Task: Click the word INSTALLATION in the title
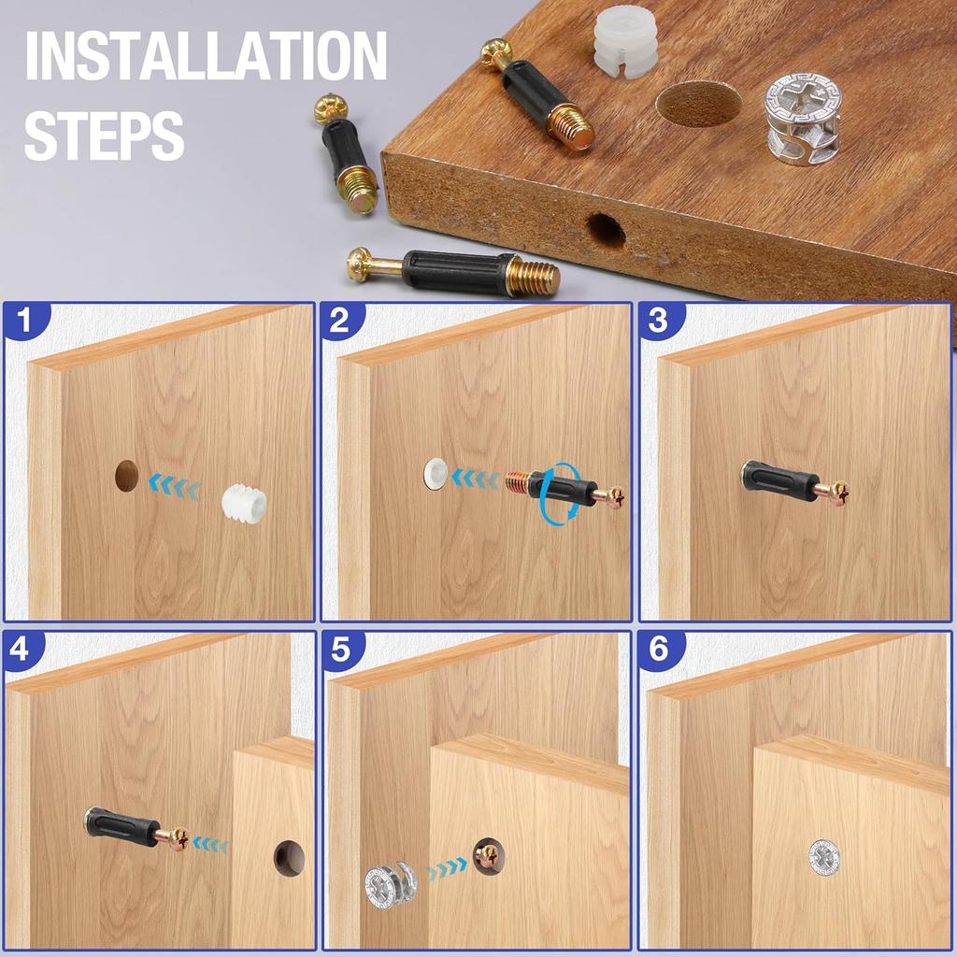click(206, 55)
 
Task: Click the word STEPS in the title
click(105, 135)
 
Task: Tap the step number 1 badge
click(23, 321)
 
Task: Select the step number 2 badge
click(340, 321)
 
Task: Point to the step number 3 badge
click(658, 321)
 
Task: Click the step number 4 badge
click(21, 649)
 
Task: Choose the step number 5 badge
click(340, 650)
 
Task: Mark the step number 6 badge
click(658, 650)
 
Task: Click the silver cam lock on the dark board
click(802, 121)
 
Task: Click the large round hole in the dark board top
click(699, 104)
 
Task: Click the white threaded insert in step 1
click(244, 502)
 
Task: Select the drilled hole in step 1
click(127, 477)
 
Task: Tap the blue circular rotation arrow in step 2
click(560, 492)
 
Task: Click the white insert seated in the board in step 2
click(435, 473)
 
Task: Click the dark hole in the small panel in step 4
click(289, 859)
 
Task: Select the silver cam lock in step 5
click(392, 884)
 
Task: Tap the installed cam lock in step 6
click(824, 857)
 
